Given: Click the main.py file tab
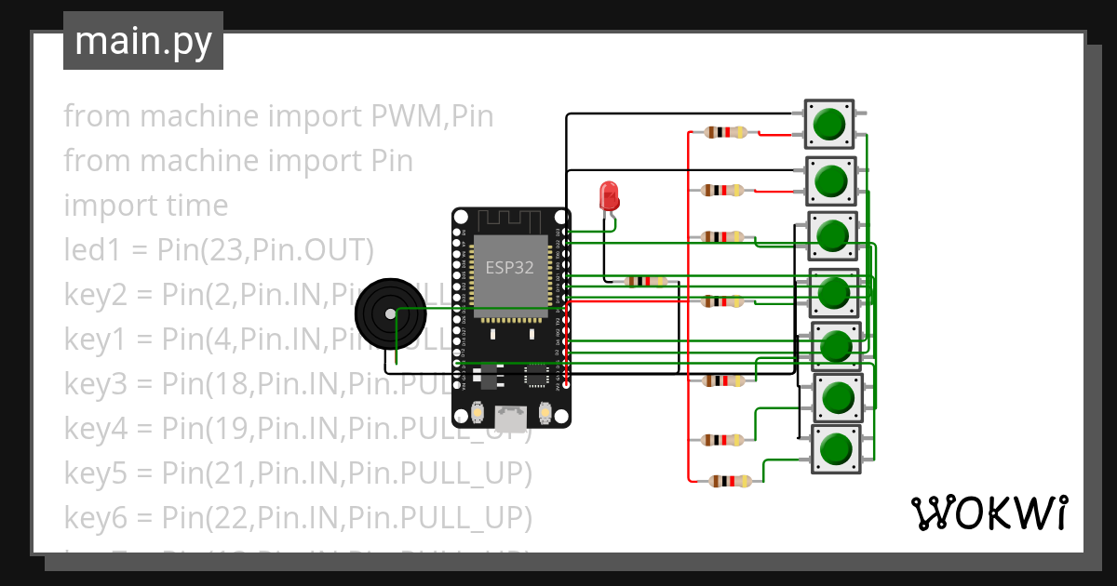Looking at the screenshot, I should click(142, 41).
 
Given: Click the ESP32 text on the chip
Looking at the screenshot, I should click(509, 268).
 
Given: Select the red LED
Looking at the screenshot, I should click(609, 196).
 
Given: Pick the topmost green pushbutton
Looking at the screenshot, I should click(828, 124).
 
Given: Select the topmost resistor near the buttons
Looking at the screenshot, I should click(725, 132).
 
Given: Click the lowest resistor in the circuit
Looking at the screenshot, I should click(730, 481).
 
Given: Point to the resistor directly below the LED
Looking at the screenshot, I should click(646, 281).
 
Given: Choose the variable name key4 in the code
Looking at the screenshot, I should click(95, 429).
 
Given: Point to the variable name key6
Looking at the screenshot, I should click(95, 518).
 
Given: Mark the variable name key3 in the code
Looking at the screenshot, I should click(95, 384).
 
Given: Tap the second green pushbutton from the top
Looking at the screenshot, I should click(829, 181).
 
